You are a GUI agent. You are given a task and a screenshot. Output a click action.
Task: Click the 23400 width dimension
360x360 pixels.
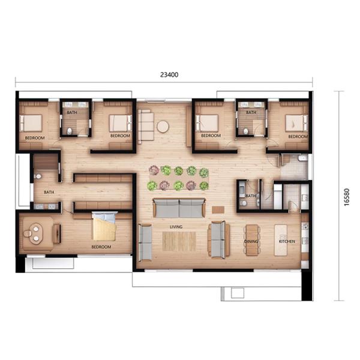pos(169,75)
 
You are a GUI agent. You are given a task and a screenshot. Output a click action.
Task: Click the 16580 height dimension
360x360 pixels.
pos(347,197)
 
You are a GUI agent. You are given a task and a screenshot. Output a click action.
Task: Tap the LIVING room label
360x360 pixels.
pos(176,227)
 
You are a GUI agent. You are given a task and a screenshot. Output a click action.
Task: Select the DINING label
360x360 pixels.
pos(251,241)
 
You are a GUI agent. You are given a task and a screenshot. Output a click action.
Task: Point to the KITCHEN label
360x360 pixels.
pos(287,241)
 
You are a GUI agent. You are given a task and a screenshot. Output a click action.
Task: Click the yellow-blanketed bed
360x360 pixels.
pos(104,226)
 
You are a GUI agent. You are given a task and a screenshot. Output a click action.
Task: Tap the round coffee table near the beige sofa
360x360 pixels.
pos(163,127)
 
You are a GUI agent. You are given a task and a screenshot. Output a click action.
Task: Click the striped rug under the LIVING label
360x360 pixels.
pos(179,241)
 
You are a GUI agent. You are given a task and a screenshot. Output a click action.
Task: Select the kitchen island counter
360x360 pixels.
pos(281,240)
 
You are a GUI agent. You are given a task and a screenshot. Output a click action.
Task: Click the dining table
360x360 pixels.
pos(252,240)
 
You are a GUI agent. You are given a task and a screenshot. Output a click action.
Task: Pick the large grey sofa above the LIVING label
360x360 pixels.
pos(179,208)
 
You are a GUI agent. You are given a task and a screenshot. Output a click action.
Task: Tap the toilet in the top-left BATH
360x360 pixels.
pos(70,131)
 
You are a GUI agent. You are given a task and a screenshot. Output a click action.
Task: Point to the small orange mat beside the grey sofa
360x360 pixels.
pos(218,209)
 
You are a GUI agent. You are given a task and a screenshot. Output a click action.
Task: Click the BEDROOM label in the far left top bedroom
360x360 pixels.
pos(35,138)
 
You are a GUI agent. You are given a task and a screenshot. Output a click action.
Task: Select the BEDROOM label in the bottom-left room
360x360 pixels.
pos(101,247)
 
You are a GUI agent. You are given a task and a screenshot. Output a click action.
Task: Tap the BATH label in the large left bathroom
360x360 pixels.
pos(49,192)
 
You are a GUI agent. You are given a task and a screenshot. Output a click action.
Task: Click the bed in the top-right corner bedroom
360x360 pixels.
pos(296,123)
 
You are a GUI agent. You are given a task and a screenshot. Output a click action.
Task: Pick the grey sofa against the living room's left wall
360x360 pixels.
pos(145,242)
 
